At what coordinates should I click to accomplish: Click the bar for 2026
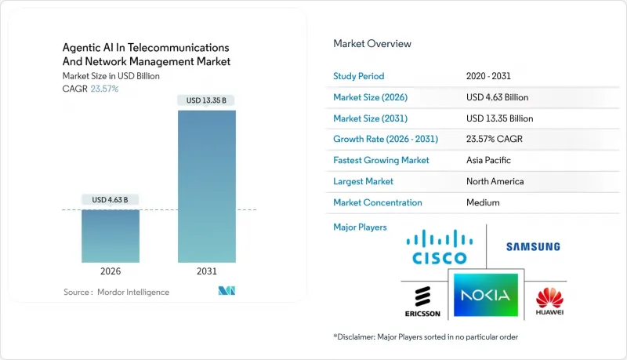111,235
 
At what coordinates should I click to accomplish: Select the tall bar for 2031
207,186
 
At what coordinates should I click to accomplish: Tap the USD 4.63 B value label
111,200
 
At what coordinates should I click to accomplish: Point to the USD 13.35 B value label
207,100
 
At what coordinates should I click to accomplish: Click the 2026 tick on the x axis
111,271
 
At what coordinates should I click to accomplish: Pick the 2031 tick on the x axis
207,271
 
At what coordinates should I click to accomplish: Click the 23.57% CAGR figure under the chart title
104,89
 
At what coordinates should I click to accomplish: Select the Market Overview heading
372,44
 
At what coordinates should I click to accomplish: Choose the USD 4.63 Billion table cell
497,97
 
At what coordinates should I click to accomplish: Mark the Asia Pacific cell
489,160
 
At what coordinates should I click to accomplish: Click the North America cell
495,181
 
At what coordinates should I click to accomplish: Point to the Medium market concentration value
482,202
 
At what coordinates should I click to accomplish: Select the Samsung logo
532,246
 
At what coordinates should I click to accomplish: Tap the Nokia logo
485,296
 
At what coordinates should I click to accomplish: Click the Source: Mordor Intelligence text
116,292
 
